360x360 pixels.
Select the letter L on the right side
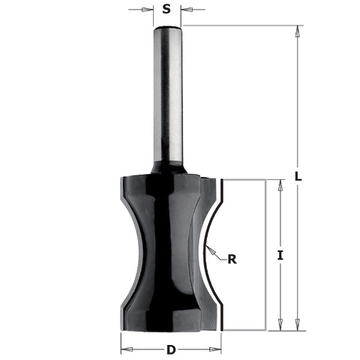(x=298, y=177)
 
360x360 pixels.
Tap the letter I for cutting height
(x=279, y=255)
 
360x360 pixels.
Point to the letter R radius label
(x=232, y=259)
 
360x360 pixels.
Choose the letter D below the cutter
(x=171, y=349)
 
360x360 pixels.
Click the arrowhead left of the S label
(x=149, y=10)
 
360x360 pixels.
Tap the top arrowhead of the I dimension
(x=280, y=184)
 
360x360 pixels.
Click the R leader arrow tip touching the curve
(x=208, y=248)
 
